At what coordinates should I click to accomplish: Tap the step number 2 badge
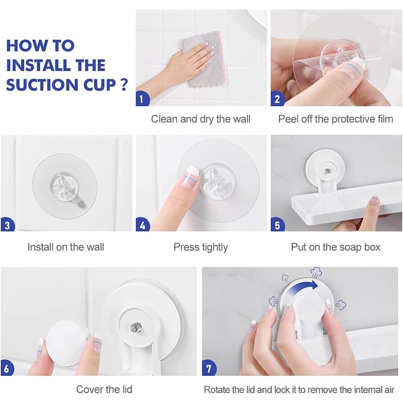tap(277, 99)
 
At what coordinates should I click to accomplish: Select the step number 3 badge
tap(7, 225)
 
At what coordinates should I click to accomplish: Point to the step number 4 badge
tap(142, 225)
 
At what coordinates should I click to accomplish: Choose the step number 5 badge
tap(277, 225)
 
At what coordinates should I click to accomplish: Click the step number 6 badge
tap(7, 369)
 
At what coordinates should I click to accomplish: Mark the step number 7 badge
tap(209, 369)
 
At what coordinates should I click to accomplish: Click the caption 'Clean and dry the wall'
tap(201, 119)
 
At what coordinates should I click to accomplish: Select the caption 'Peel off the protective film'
tap(336, 119)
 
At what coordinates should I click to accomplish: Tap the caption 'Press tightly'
tap(201, 247)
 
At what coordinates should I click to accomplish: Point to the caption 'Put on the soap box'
tap(336, 247)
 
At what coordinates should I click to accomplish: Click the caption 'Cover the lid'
tap(104, 389)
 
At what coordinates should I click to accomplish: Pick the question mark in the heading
tap(124, 85)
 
